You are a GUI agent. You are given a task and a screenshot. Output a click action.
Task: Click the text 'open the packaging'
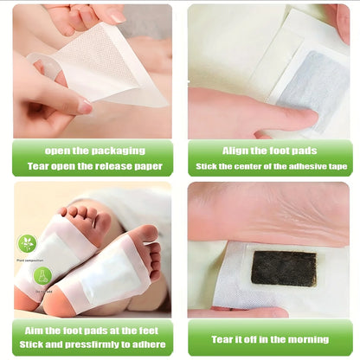pyautogui.click(x=93, y=150)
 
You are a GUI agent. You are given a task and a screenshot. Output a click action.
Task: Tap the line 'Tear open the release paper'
pyautogui.click(x=93, y=166)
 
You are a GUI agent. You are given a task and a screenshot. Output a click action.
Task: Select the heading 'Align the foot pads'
pyautogui.click(x=269, y=150)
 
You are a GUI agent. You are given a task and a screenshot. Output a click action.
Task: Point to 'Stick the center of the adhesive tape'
pyautogui.click(x=269, y=166)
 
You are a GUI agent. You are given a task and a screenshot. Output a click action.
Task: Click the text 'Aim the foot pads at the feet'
pyautogui.click(x=93, y=330)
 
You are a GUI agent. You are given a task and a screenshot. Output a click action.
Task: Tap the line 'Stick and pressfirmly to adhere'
pyautogui.click(x=93, y=346)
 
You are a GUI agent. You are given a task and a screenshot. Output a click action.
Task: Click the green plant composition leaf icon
pyautogui.click(x=27, y=242)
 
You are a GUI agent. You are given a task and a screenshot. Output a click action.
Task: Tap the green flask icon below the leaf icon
pyautogui.click(x=42, y=276)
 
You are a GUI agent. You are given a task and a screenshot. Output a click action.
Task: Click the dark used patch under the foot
pyautogui.click(x=283, y=267)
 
